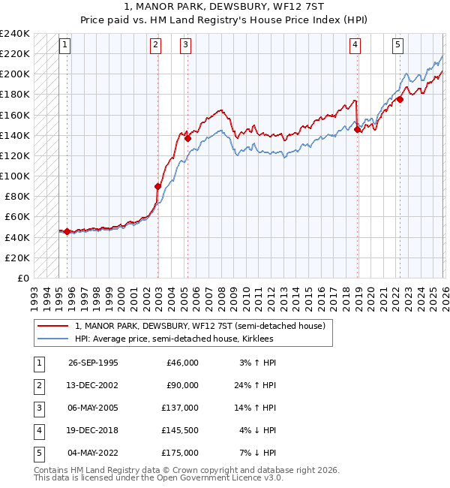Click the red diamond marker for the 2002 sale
click(x=158, y=186)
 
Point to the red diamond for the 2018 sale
click(x=358, y=130)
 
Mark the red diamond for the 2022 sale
click(x=400, y=99)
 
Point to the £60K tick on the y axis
click(x=17, y=216)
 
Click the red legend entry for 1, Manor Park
click(x=199, y=327)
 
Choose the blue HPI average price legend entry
click(x=174, y=339)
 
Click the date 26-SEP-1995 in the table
click(x=93, y=363)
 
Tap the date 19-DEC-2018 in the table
click(x=93, y=430)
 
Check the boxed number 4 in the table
click(x=38, y=430)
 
